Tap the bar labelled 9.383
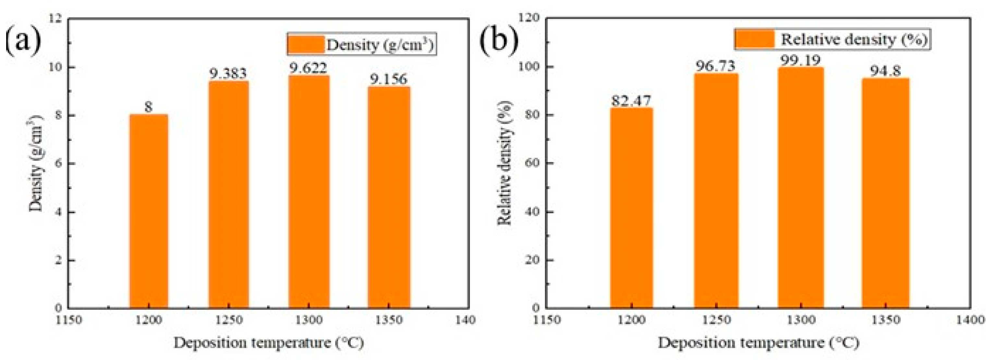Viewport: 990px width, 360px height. tap(229, 194)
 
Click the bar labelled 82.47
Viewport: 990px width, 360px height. tap(631, 208)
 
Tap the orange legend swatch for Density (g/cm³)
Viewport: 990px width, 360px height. tap(306, 44)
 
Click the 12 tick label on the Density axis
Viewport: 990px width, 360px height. tap(56, 18)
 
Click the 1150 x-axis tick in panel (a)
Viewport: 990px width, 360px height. tap(68, 320)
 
